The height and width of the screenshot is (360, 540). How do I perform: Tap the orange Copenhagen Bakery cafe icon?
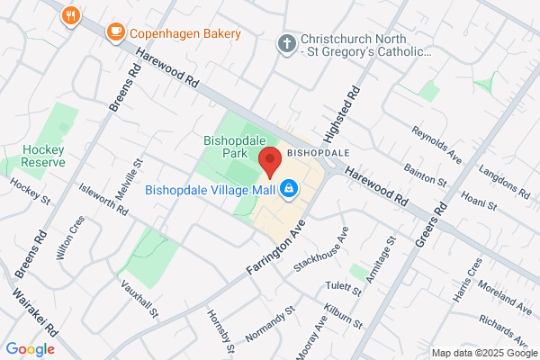coord(115,33)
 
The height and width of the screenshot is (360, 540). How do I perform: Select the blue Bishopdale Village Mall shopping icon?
coord(290,189)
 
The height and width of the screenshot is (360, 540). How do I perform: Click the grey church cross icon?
coord(286,43)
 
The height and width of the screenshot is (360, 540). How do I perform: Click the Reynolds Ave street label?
coord(436,146)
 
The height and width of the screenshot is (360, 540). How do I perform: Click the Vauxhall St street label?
coord(139,297)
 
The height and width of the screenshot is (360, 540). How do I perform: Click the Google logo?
coord(31,349)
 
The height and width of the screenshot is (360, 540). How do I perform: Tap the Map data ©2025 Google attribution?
coord(482,352)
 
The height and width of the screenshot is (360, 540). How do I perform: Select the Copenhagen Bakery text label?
coord(185,34)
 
